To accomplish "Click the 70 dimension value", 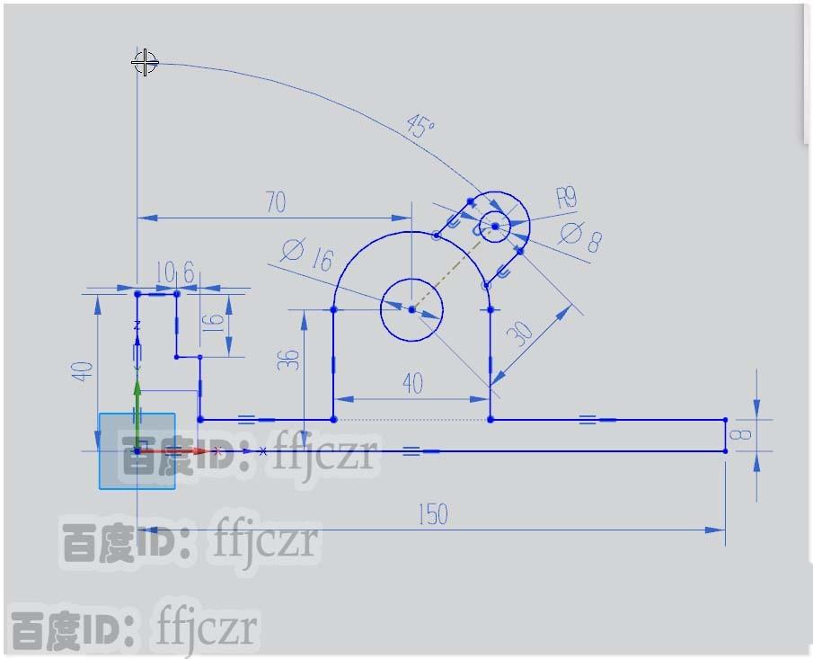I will pyautogui.click(x=276, y=202).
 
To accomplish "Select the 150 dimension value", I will pyautogui.click(x=432, y=515).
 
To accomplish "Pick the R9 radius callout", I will pyautogui.click(x=567, y=197).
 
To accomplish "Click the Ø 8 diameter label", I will pyautogui.click(x=580, y=238).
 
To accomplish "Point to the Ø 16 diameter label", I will pyautogui.click(x=306, y=254).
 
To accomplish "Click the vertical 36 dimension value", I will pyautogui.click(x=288, y=361).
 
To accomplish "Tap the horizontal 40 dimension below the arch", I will pyautogui.click(x=412, y=384).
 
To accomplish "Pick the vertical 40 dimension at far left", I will pyautogui.click(x=83, y=370).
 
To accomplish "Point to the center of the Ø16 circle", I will pyautogui.click(x=411, y=309).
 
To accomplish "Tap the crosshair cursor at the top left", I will pyautogui.click(x=145, y=63).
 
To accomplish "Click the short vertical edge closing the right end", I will pyautogui.click(x=725, y=435).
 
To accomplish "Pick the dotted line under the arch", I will pyautogui.click(x=411, y=420).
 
